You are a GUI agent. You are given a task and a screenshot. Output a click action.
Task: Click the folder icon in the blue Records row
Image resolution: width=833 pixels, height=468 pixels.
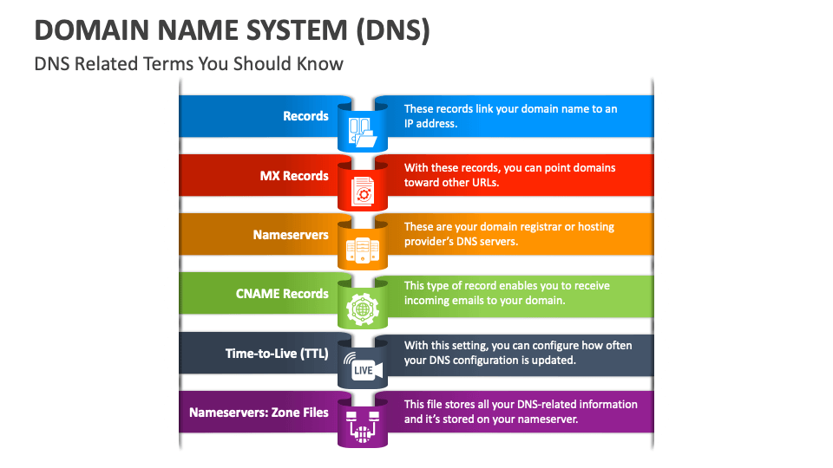[363, 132]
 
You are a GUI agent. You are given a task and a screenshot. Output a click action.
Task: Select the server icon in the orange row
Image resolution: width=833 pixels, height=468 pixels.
[363, 250]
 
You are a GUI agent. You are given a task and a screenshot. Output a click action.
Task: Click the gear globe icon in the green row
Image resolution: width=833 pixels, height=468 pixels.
[363, 309]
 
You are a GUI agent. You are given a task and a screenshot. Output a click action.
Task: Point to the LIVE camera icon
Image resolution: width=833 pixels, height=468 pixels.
[364, 367]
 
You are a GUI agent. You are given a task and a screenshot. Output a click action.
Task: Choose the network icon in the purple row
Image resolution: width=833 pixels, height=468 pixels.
[363, 426]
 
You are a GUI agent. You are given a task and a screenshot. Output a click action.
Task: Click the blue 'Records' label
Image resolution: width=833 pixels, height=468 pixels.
[305, 116]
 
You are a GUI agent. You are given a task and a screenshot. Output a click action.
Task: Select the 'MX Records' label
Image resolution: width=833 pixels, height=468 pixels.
[294, 176]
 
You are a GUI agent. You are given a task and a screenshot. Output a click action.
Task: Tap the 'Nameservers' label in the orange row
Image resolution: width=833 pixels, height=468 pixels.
[291, 235]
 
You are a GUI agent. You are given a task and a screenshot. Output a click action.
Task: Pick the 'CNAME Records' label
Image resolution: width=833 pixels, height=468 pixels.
[282, 294]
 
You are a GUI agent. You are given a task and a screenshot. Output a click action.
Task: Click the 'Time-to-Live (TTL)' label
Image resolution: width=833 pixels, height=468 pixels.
[277, 354]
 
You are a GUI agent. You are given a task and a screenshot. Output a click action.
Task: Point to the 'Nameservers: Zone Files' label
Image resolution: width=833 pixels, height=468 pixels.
[259, 413]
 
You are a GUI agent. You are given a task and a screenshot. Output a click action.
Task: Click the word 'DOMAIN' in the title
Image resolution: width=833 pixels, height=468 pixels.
[92, 30]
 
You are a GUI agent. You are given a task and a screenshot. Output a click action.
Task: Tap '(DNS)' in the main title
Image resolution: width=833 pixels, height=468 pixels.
[393, 31]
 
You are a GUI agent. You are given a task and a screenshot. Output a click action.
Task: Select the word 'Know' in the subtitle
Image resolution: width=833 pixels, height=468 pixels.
[320, 63]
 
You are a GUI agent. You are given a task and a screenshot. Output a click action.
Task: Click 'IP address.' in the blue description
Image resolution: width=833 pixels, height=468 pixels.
[431, 124]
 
